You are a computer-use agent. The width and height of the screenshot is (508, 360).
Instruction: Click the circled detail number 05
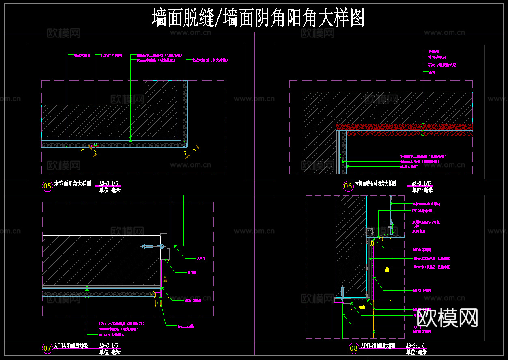click(47, 186)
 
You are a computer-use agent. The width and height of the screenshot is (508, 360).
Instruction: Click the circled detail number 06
click(348, 186)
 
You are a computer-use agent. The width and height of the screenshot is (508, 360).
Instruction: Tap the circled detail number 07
click(47, 348)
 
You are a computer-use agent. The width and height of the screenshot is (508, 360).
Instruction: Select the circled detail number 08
click(354, 348)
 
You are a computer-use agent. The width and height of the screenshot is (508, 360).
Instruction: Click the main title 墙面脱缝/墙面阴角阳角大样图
click(258, 18)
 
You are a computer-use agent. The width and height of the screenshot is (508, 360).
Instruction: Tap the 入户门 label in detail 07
click(201, 258)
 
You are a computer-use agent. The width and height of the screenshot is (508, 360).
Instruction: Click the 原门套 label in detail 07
click(192, 273)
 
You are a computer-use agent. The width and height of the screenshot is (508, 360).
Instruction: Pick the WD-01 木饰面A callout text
click(111, 335)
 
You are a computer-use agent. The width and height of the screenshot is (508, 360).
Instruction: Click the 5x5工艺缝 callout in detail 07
click(186, 326)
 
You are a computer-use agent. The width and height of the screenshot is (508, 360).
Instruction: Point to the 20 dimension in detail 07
click(157, 303)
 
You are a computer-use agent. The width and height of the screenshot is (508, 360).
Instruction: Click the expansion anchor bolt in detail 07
click(153, 246)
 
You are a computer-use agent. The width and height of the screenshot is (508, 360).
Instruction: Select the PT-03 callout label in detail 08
click(422, 211)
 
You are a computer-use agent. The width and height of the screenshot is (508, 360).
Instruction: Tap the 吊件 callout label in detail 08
click(415, 226)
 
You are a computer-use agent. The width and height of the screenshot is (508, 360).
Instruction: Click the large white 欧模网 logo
click(447, 317)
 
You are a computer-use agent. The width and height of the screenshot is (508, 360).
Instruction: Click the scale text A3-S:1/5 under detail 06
click(421, 183)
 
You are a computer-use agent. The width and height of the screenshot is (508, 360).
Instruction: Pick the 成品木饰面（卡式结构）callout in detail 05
click(207, 60)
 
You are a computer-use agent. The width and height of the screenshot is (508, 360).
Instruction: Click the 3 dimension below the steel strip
click(95, 153)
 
